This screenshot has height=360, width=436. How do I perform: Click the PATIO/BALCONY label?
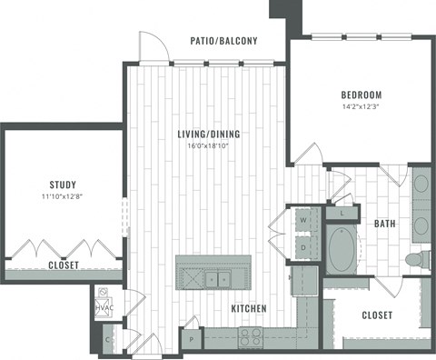(223, 41)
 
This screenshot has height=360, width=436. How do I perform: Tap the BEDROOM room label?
(361, 95)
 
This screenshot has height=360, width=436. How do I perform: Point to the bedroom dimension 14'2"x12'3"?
(361, 107)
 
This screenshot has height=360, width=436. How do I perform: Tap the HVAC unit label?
(104, 309)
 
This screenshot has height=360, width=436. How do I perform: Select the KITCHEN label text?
(248, 309)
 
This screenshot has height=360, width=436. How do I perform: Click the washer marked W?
(302, 220)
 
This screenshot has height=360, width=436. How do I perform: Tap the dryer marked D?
(302, 245)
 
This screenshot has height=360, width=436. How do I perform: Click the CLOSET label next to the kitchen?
(376, 315)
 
